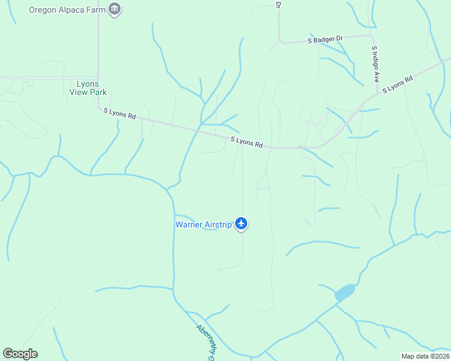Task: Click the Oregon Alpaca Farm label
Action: coord(68,9)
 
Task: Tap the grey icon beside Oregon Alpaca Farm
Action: coord(115,9)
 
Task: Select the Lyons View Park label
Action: coord(88,88)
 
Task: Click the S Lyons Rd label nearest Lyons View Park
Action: coord(119,113)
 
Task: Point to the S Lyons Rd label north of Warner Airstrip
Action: coord(247,142)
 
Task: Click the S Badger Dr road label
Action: coord(325,40)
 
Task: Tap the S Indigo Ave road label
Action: coord(375,64)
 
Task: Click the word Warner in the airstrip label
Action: coord(189,224)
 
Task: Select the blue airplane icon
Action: coord(242,224)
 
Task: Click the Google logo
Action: coord(20,354)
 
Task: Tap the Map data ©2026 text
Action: coord(425,356)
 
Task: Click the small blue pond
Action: coord(344,292)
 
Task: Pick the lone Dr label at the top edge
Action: coord(279,4)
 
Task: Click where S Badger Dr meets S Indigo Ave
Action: coord(370,35)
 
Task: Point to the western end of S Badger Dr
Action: coord(271,46)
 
